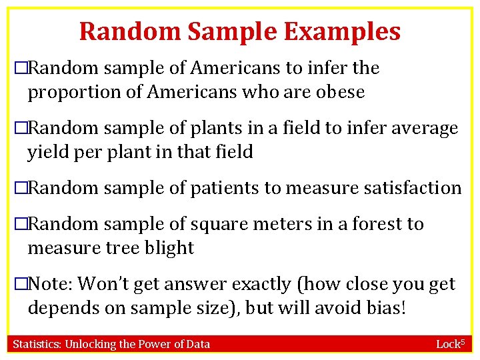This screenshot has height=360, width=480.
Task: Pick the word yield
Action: [x=45, y=152]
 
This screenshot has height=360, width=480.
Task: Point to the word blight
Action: [x=170, y=248]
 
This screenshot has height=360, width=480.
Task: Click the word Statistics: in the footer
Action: [x=39, y=344]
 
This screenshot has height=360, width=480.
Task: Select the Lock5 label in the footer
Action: [x=449, y=344]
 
